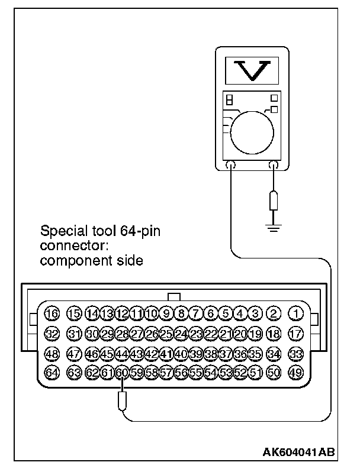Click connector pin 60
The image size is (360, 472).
pos(121,373)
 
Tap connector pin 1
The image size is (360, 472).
pos(295,313)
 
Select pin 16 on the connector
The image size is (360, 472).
pos(53,313)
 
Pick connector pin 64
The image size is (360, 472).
pos(53,373)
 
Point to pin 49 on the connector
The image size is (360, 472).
pos(295,373)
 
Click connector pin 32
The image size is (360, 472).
pos(53,334)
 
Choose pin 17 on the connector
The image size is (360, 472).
pos(295,334)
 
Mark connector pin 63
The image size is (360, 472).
pos(75,373)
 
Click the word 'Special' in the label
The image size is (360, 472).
pos(61,231)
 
